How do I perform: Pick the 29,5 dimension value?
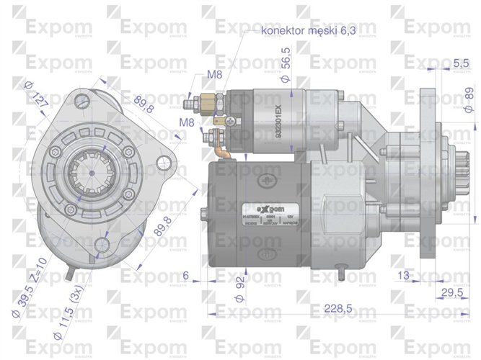451,292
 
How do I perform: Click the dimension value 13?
403,274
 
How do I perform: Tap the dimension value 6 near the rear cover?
185,274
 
